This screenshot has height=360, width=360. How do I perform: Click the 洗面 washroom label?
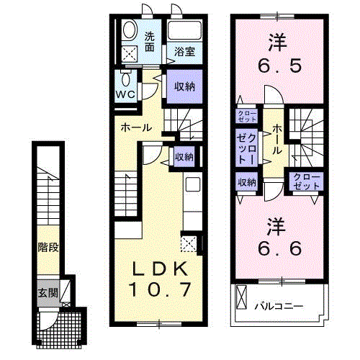point(149,42)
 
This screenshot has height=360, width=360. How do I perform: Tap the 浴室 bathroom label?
point(185,52)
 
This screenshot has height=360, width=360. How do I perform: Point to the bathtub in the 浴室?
point(185,31)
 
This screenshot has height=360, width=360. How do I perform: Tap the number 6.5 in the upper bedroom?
point(275,66)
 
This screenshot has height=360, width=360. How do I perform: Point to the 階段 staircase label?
point(48,247)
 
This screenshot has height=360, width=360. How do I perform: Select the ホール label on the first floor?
point(135,127)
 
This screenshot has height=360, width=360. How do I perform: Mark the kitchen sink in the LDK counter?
point(192,184)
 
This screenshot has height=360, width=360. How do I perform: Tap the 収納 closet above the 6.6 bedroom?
point(246,182)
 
